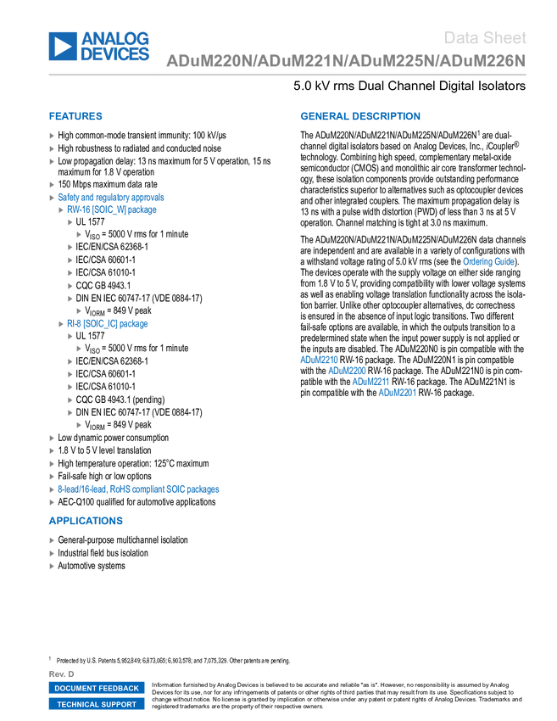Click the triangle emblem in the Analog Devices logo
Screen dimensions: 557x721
[x=63, y=46]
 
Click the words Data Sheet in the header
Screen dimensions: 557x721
[x=486, y=37]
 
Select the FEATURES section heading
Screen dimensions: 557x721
[x=75, y=116]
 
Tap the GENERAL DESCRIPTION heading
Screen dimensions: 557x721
[x=359, y=116]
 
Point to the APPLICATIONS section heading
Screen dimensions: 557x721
[x=86, y=521]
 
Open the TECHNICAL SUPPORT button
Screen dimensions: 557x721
[x=97, y=704]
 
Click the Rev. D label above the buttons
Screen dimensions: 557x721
[x=62, y=673]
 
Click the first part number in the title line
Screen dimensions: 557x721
[x=209, y=62]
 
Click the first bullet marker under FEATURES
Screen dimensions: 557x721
[x=52, y=136]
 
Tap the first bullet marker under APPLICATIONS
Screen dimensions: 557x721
[x=52, y=539]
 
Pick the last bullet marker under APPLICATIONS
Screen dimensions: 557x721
[x=52, y=566]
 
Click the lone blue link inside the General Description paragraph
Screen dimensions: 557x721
[x=487, y=261]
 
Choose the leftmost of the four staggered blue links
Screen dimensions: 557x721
[x=318, y=360]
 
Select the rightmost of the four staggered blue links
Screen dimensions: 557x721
[x=396, y=392]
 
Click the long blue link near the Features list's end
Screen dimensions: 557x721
[x=138, y=489]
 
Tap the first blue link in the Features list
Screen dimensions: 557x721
[x=110, y=198]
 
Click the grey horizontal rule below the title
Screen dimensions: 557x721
[x=287, y=75]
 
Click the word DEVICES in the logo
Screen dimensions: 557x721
[x=117, y=55]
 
